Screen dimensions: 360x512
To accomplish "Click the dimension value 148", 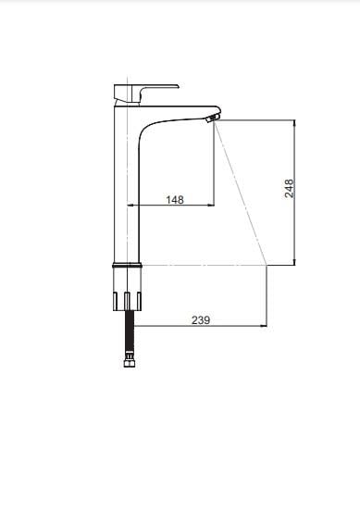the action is pyautogui.click(x=175, y=199).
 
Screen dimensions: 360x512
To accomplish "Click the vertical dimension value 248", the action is pyautogui.click(x=289, y=188).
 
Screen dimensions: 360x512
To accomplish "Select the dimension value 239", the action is pyautogui.click(x=201, y=320).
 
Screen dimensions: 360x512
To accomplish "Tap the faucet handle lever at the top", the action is pyautogui.click(x=146, y=94).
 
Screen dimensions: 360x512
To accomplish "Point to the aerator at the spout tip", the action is pyautogui.click(x=212, y=119).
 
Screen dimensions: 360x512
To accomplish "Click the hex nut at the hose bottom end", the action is pyautogui.click(x=129, y=361).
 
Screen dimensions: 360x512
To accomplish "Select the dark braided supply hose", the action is pyautogui.click(x=130, y=332).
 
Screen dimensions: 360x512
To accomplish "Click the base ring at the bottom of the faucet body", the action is pyautogui.click(x=128, y=265).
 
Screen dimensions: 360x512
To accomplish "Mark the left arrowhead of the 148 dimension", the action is pyautogui.click(x=130, y=205).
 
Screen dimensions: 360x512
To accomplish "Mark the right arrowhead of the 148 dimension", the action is pyautogui.click(x=211, y=205).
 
